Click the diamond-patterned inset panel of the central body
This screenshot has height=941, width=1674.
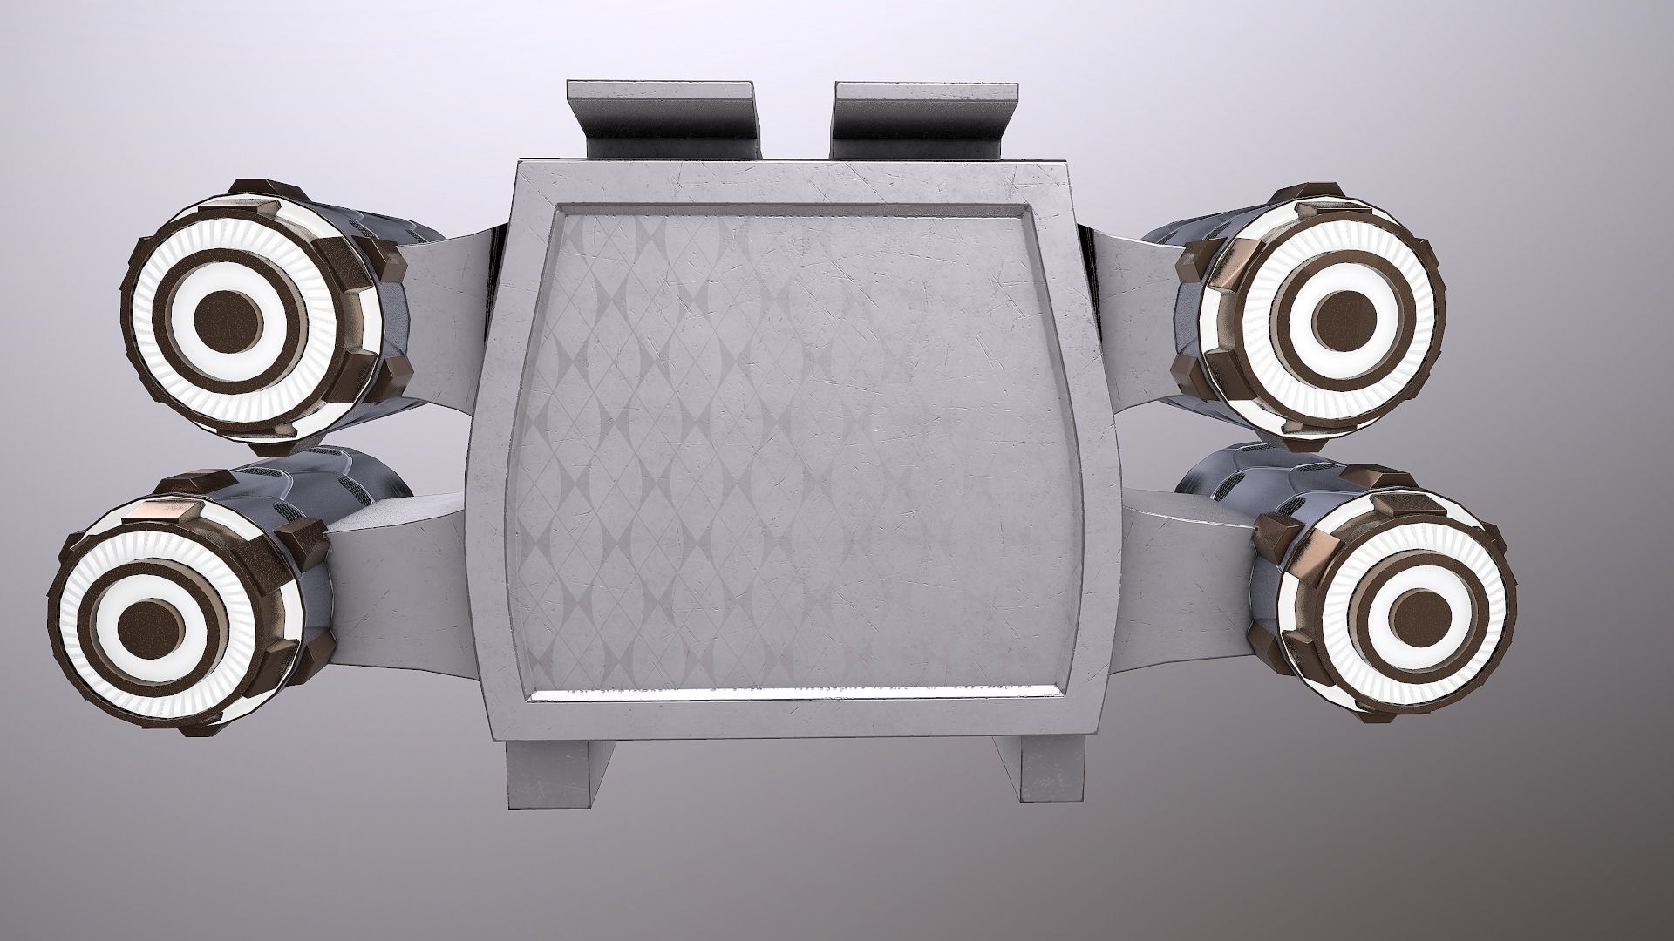click(x=793, y=436)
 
